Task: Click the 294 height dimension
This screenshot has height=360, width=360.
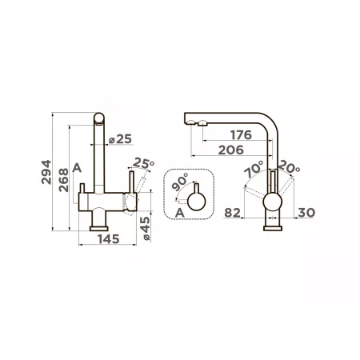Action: tap(46, 172)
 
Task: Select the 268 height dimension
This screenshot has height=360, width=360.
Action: tap(64, 180)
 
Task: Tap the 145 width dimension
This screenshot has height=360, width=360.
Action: tap(109, 239)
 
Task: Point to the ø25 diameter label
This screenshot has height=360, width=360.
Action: tap(121, 139)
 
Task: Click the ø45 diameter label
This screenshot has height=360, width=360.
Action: tap(146, 228)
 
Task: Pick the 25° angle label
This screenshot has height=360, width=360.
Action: tap(143, 163)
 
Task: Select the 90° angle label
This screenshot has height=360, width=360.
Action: tap(180, 182)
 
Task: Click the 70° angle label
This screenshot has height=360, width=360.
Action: tap(254, 169)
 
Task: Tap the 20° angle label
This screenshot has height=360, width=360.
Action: tap(289, 166)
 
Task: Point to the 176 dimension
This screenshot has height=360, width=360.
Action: tap(241, 135)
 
